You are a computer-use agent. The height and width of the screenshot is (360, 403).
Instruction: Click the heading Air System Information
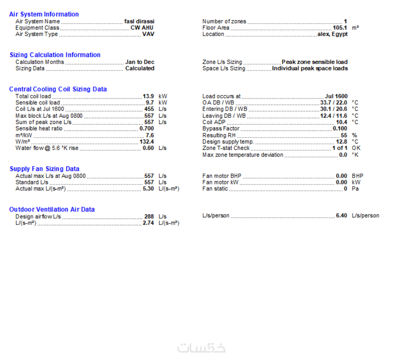pyautogui.click(x=44, y=14)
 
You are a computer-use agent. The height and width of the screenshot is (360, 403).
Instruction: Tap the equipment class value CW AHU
pyautogui.click(x=142, y=28)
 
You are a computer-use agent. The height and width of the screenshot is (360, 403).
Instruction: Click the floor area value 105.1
pyautogui.click(x=340, y=28)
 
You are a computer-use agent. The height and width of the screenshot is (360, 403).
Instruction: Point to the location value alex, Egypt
pyautogui.click(x=332, y=34)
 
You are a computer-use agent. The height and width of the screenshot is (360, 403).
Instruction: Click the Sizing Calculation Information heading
pyautogui.click(x=55, y=55)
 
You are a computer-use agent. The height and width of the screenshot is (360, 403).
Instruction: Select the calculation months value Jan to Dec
pyautogui.click(x=139, y=62)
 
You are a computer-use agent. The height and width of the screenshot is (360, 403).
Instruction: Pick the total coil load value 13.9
pyautogui.click(x=148, y=96)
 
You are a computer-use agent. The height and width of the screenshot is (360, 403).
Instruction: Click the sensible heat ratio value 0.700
pyautogui.click(x=147, y=128)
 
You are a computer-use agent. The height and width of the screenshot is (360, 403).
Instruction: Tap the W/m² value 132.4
pyautogui.click(x=147, y=142)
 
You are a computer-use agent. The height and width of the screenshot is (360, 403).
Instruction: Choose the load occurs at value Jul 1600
pyautogui.click(x=336, y=96)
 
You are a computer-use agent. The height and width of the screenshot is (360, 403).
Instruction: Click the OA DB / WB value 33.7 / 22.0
pyautogui.click(x=333, y=103)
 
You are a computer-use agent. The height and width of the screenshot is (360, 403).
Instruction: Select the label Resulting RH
pyautogui.click(x=219, y=135)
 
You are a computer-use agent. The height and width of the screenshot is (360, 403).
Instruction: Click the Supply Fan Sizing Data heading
pyautogui.click(x=44, y=169)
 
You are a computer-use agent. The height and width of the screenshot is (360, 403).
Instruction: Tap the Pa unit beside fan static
pyautogui.click(x=355, y=189)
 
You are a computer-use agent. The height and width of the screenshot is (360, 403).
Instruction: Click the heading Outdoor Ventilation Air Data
pyautogui.click(x=52, y=209)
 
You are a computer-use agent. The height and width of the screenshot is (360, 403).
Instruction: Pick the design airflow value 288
pyautogui.click(x=149, y=217)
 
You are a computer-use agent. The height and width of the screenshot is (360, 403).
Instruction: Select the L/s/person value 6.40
pyautogui.click(x=341, y=216)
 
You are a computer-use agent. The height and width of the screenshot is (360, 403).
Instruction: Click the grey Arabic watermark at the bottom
pyautogui.click(x=201, y=348)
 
